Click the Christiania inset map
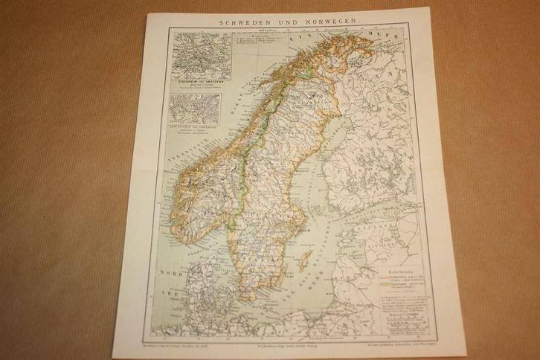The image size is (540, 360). tap(194, 109)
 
